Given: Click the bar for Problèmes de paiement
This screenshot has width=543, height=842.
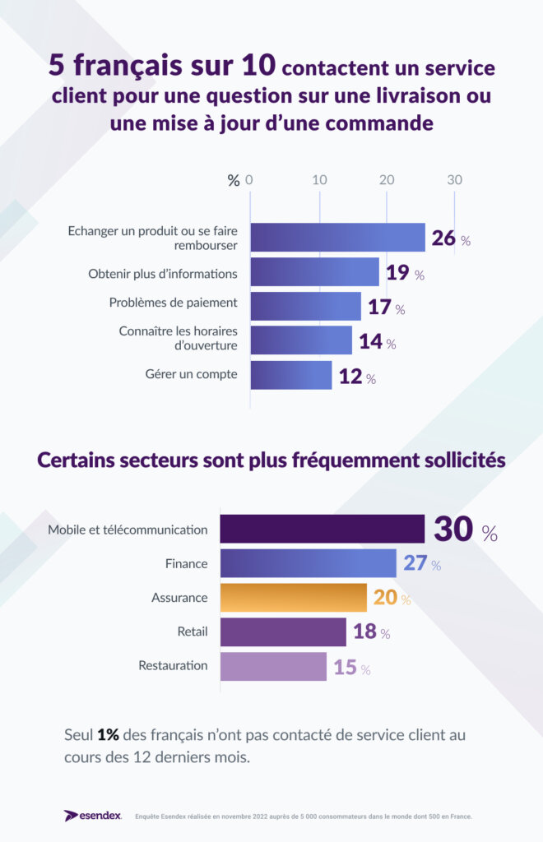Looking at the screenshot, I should click(x=305, y=306).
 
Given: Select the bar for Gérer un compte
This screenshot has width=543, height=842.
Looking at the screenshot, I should click(x=291, y=375).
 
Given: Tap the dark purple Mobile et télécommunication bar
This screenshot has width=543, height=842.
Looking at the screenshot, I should click(x=322, y=529).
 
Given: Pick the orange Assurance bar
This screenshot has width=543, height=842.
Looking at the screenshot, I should click(x=293, y=598).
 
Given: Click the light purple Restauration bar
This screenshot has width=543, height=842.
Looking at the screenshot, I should click(x=273, y=666).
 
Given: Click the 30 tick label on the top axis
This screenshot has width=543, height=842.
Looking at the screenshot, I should click(x=454, y=180).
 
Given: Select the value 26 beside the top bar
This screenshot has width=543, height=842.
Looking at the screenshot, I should click(x=443, y=238).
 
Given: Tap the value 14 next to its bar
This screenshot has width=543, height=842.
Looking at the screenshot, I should click(x=370, y=342).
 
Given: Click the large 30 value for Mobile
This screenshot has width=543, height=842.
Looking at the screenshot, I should click(x=453, y=530).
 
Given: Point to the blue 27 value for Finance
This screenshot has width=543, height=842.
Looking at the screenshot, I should click(x=414, y=564).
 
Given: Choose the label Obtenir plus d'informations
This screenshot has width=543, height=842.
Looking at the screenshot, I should click(x=163, y=273).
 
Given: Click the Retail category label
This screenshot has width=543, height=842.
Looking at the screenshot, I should click(x=192, y=631).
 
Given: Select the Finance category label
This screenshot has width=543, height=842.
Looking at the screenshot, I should click(x=187, y=564).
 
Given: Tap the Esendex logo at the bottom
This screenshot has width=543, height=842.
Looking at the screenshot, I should click(x=93, y=816).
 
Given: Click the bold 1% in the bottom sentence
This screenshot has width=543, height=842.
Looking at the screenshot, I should click(x=108, y=734).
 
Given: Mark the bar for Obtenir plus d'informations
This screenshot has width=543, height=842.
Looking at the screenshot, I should click(x=314, y=272).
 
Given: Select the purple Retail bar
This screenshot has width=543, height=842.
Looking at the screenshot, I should click(x=283, y=632).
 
